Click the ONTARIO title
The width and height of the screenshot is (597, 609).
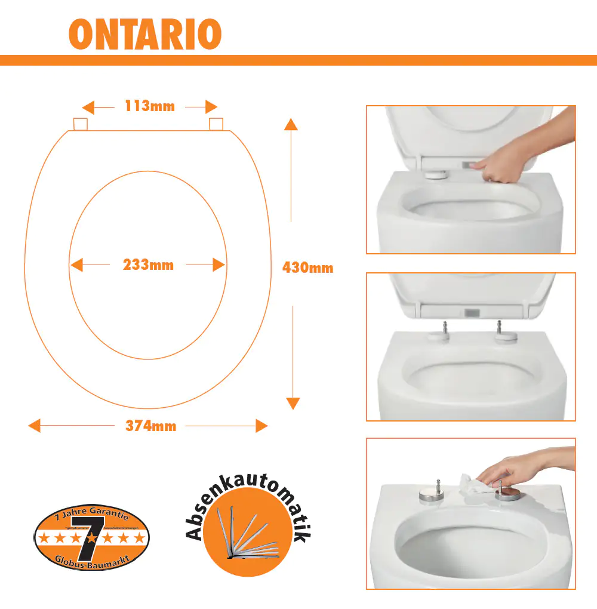point(145,35)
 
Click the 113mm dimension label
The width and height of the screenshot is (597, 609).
point(150,107)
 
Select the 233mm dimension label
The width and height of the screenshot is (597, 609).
point(148,264)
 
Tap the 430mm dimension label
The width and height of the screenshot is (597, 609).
point(307,268)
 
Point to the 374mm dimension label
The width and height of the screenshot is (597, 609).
point(150,426)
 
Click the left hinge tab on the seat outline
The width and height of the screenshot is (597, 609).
point(80,124)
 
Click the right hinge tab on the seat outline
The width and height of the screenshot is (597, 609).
point(216,124)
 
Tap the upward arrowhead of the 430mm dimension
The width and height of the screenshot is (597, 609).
point(291,124)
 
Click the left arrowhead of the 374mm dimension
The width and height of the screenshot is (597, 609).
point(35,426)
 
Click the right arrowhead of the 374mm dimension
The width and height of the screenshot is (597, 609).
point(261,426)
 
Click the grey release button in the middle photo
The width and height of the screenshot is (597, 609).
point(471,312)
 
